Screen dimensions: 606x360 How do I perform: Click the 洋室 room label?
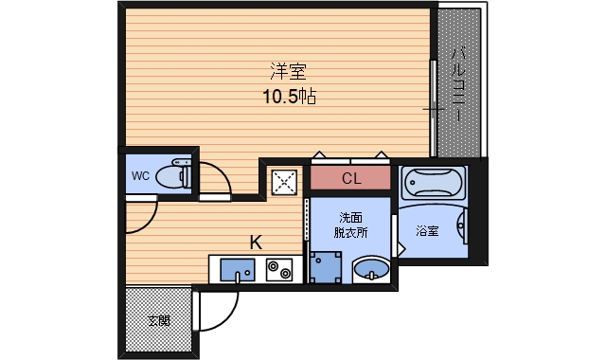click(x=288, y=72)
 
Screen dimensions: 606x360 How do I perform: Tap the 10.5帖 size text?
click(x=290, y=97)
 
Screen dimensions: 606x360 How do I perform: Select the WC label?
click(x=140, y=176)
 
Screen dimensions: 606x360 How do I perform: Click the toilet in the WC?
click(x=173, y=174)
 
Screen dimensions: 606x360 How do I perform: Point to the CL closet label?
click(x=351, y=178)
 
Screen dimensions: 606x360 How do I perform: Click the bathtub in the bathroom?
click(x=432, y=183)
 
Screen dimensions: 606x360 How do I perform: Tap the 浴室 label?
click(x=427, y=231)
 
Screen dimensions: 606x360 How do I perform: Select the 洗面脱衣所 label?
click(x=350, y=225)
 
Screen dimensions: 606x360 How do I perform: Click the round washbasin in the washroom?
click(x=371, y=269)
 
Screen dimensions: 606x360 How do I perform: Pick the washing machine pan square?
click(x=326, y=267)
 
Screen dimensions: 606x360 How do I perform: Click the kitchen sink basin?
click(x=238, y=270)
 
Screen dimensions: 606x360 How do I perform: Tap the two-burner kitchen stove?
click(x=279, y=269)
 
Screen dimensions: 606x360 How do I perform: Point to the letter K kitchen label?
click(x=256, y=243)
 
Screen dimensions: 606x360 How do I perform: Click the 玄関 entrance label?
click(x=159, y=320)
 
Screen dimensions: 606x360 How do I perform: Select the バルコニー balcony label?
click(x=458, y=84)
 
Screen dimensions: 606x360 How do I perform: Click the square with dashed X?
click(x=284, y=182)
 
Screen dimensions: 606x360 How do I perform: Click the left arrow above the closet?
click(x=319, y=154)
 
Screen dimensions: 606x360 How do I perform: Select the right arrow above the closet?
click(x=382, y=154)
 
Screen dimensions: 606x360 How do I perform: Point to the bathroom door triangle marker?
click(x=401, y=248)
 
